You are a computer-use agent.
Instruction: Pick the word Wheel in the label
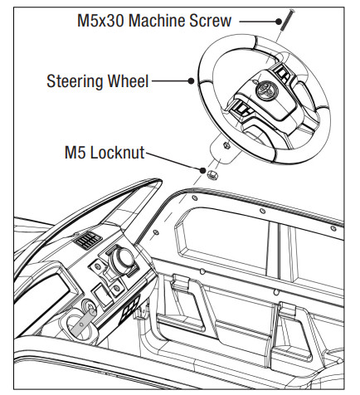pyautogui.click(x=129, y=81)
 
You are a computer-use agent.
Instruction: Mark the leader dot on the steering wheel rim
pyautogui.click(x=192, y=81)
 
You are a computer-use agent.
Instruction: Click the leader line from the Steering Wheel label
pyautogui.click(x=171, y=81)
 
